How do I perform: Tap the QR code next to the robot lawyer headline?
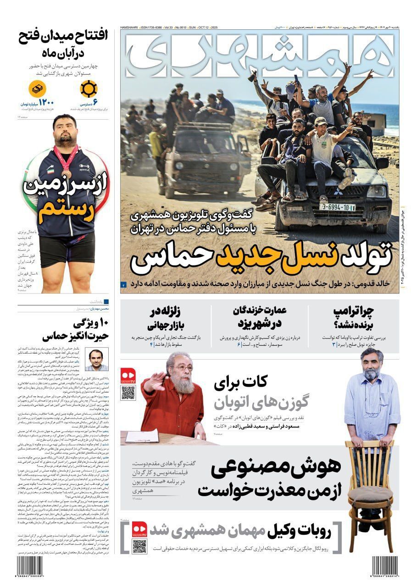click(x=139, y=546)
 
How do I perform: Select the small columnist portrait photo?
click(x=97, y=359)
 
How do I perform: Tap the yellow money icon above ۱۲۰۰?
click(x=38, y=89)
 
